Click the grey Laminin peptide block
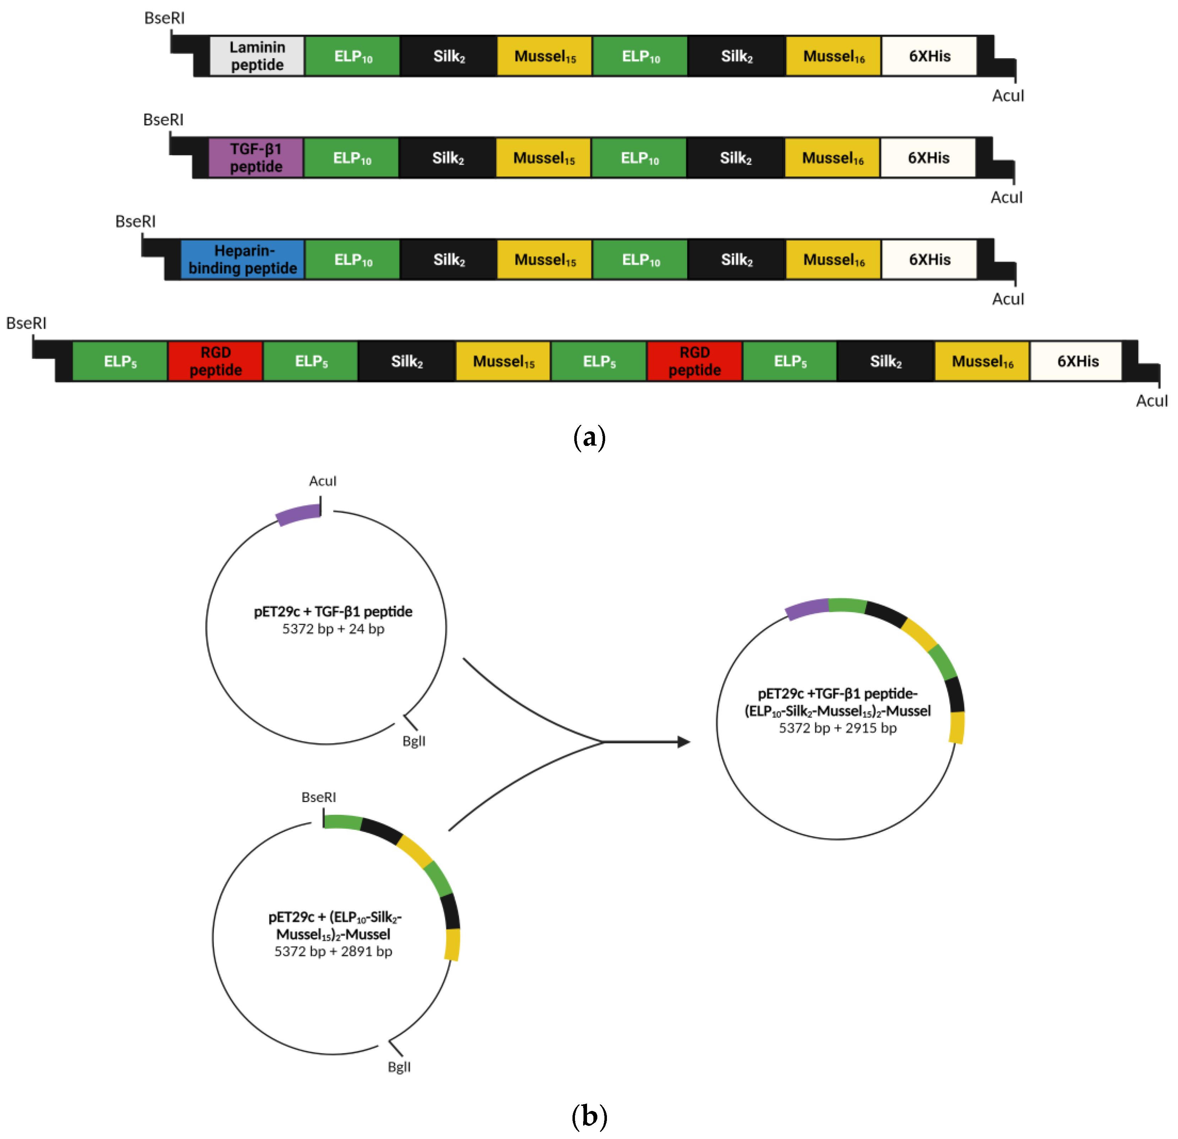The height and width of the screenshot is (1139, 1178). pyautogui.click(x=257, y=56)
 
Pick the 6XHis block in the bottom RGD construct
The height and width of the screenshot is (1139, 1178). pyautogui.click(x=1077, y=361)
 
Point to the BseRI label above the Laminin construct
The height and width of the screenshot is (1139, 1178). pyautogui.click(x=164, y=18)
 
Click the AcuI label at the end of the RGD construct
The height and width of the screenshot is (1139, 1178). pyautogui.click(x=1151, y=401)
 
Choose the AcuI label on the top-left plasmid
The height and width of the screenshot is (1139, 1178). pyautogui.click(x=323, y=481)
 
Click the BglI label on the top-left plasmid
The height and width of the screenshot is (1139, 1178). pyautogui.click(x=413, y=741)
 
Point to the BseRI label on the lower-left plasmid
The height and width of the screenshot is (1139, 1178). pyautogui.click(x=319, y=797)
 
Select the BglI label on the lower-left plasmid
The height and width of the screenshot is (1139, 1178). pyautogui.click(x=399, y=1067)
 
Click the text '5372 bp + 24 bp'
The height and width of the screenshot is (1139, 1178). pyautogui.click(x=333, y=629)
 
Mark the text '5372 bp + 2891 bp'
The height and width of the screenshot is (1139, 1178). pyautogui.click(x=333, y=952)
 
